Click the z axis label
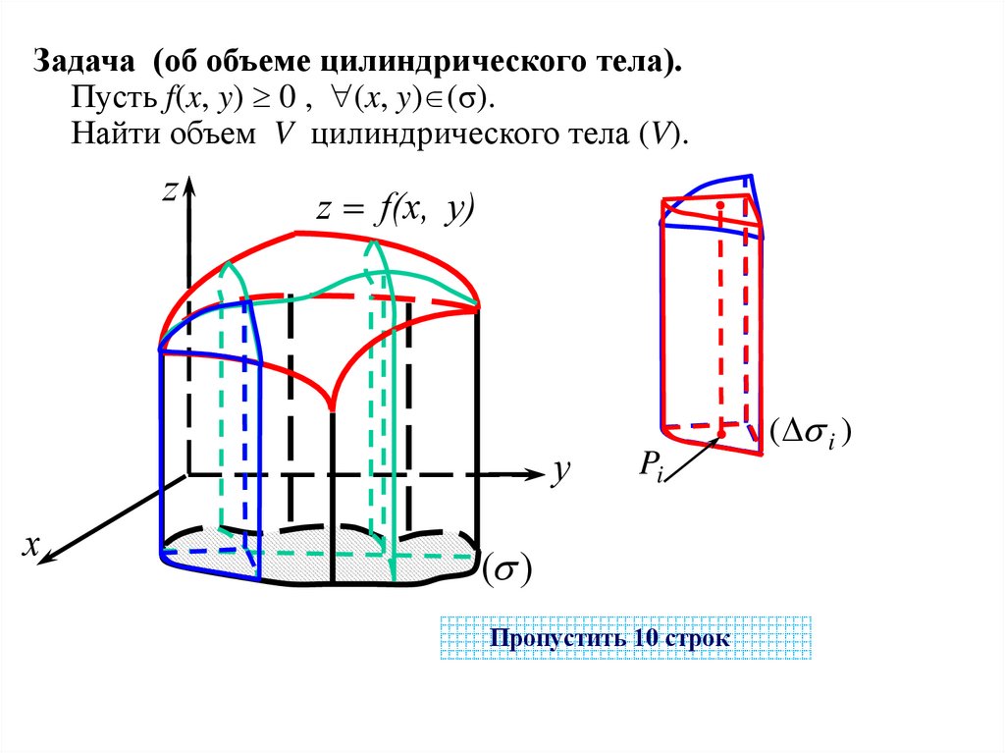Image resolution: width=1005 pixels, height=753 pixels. (x=168, y=192)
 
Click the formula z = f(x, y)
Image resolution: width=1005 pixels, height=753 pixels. (x=395, y=210)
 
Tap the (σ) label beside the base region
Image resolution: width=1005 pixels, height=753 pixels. (x=506, y=570)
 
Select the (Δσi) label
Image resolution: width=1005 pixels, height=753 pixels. (x=810, y=432)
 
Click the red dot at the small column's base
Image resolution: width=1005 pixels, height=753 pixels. (x=722, y=432)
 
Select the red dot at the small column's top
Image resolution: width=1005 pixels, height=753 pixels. (x=721, y=205)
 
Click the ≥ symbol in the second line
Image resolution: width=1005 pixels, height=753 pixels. (x=265, y=98)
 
